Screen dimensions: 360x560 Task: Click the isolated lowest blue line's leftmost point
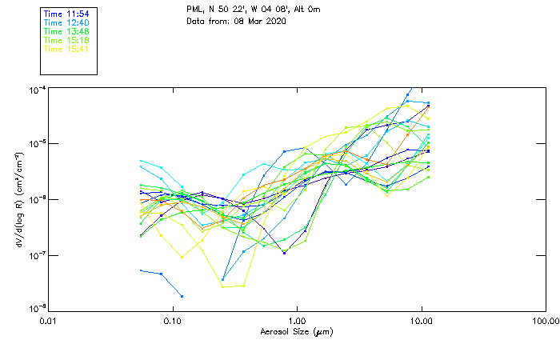point(141,270)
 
